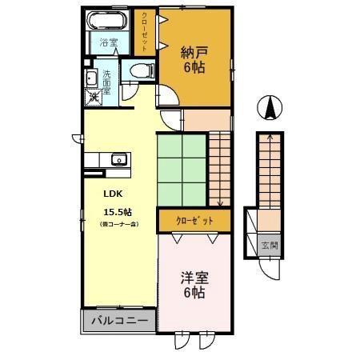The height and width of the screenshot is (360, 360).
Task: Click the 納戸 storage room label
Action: [x=193, y=53]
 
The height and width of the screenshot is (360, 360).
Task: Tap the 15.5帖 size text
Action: [x=117, y=212]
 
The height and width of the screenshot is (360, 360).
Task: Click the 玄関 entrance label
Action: [x=270, y=246]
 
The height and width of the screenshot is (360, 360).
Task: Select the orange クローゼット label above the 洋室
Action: [x=194, y=219]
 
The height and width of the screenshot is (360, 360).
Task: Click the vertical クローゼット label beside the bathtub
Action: [x=145, y=28]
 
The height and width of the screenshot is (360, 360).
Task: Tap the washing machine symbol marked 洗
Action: [x=93, y=98]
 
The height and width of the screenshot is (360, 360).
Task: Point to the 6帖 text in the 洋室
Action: [x=193, y=294]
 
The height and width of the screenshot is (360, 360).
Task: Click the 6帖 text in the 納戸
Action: [x=193, y=68]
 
